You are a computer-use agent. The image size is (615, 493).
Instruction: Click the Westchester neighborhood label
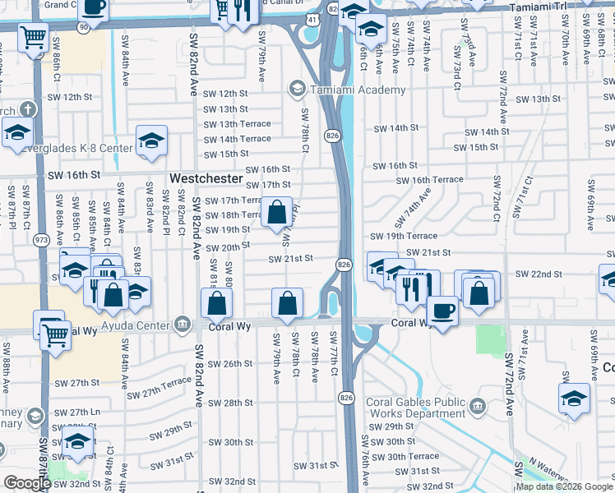[x=206, y=178]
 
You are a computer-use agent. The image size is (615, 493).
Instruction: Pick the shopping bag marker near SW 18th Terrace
[x=277, y=213]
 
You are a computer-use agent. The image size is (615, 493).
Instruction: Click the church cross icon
[x=27, y=108]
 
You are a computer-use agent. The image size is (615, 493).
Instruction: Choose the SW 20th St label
[x=227, y=246]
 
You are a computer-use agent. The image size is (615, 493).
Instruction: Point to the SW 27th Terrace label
[x=164, y=383]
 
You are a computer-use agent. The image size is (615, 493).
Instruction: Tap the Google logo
[x=27, y=482]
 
